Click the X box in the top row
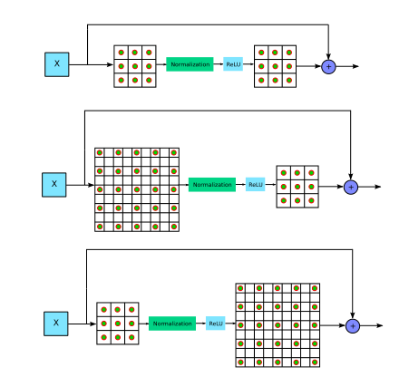tap(56, 64)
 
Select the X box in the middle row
tap(54, 184)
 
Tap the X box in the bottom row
tap(56, 323)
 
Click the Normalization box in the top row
tap(190, 64)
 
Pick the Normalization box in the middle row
tap(212, 184)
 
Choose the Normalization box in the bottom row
tap(172, 324)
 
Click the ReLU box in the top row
tap(234, 64)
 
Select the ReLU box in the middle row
tap(256, 184)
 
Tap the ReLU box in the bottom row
tap(216, 324)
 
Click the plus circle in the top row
tap(328, 66)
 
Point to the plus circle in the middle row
tap(351, 186)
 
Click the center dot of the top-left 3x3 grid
tap(134, 66)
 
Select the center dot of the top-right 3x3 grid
tap(275, 66)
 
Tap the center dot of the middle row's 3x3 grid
tap(297, 186)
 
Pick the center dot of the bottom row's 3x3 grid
tap(118, 324)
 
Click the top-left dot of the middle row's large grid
tap(100, 152)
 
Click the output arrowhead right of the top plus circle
tap(356, 66)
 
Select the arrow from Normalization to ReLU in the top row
tap(218, 65)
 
